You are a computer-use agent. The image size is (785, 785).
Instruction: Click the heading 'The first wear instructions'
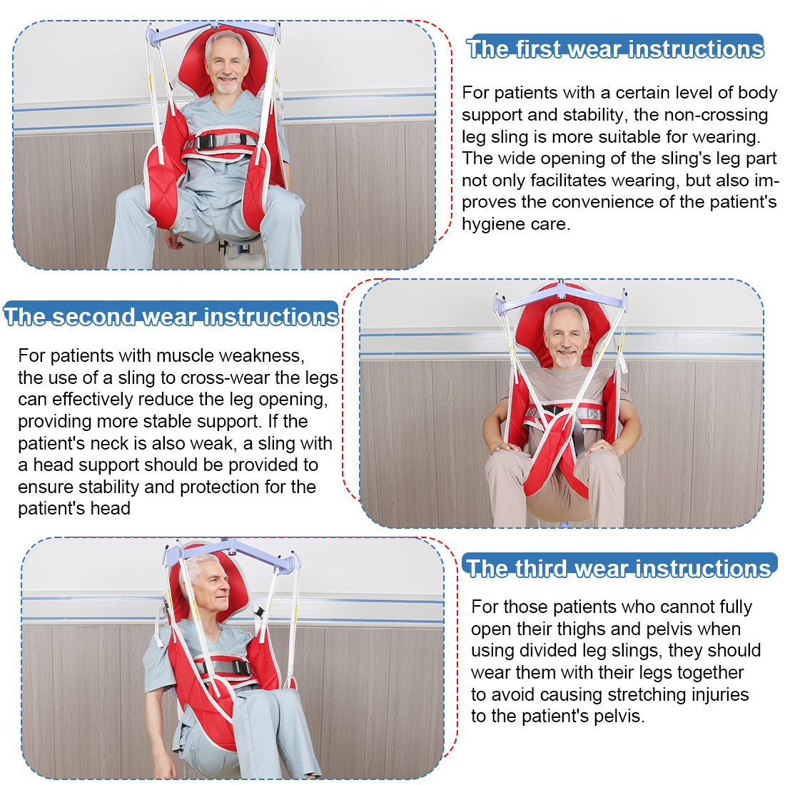[x=615, y=49]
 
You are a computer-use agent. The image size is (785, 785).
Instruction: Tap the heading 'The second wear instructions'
[x=171, y=316]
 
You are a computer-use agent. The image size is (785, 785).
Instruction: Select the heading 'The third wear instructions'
[x=619, y=568]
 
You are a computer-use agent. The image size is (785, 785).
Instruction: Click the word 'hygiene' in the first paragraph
[x=492, y=224]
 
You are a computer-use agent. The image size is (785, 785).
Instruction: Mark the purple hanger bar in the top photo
[x=214, y=31]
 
